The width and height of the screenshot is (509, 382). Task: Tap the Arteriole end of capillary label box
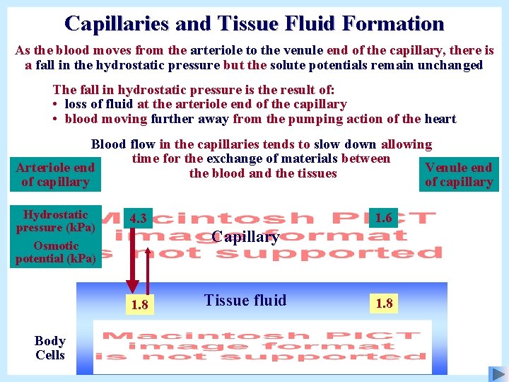tap(55, 175)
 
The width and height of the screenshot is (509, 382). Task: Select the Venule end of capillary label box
tap(459, 175)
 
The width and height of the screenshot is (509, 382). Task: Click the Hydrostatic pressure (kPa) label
tap(55, 221)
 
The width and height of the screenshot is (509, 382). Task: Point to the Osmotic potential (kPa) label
tap(55, 252)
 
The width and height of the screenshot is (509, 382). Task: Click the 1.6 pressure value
tap(384, 218)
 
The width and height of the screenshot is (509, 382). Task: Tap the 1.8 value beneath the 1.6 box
tap(385, 303)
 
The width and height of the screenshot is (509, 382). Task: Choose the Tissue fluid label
tap(245, 300)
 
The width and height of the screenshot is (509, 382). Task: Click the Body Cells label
tap(49, 348)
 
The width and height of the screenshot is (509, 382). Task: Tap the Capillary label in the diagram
tap(245, 236)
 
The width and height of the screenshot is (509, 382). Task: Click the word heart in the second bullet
tap(440, 119)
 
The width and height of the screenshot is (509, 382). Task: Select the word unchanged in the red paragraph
tap(453, 65)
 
